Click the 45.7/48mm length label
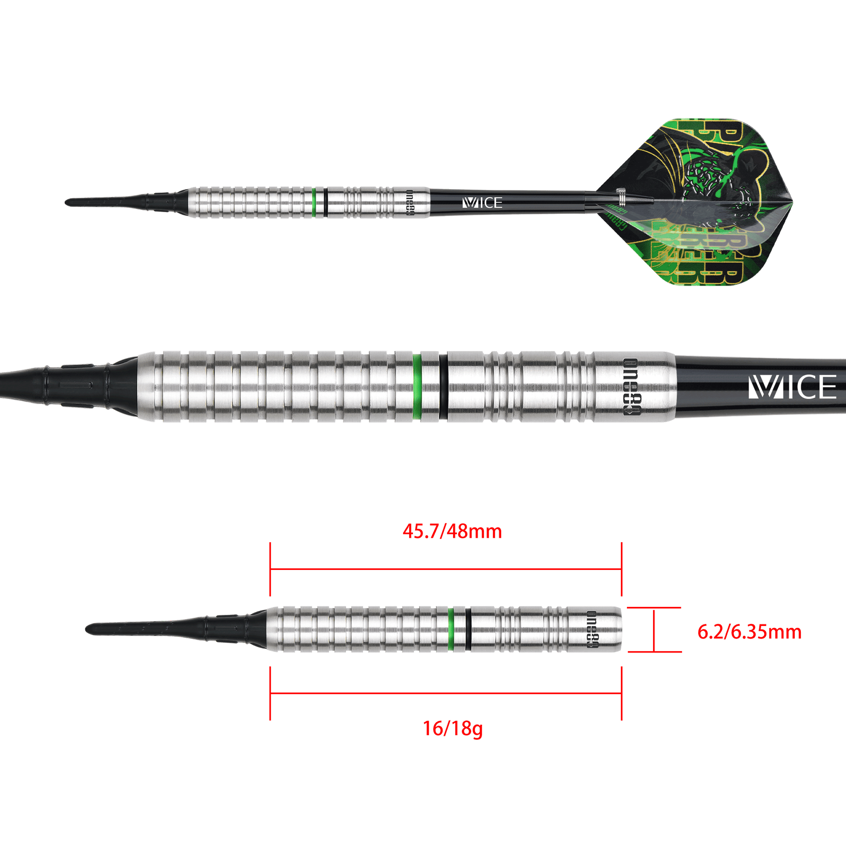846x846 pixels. click(452, 532)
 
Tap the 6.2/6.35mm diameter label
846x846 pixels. click(749, 632)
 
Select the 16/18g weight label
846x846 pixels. click(452, 729)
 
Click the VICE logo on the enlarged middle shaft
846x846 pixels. click(792, 386)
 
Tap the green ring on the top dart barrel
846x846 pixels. click(314, 202)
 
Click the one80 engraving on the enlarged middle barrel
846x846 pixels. click(629, 386)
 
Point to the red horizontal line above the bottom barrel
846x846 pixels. click(446, 569)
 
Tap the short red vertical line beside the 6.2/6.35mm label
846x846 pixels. click(654, 631)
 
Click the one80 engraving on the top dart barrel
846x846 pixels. click(410, 202)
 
